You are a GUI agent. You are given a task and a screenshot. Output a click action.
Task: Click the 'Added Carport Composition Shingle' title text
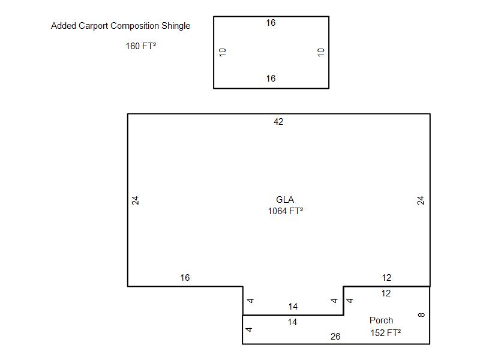point(121,26)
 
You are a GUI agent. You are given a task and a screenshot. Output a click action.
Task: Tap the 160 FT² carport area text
point(141,46)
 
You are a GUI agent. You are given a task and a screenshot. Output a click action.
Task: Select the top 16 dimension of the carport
point(271,23)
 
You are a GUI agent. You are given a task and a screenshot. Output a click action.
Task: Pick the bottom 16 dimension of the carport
point(271,79)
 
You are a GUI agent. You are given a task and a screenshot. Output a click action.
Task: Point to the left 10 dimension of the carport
point(223,52)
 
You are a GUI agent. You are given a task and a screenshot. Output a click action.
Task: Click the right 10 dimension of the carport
point(321,52)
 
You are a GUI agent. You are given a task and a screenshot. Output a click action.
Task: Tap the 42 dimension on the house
point(278,122)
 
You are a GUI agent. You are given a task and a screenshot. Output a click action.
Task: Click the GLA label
point(285,200)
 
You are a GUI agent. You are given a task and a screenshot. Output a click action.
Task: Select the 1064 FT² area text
point(285,211)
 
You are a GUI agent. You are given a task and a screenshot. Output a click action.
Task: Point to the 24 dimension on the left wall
point(136,200)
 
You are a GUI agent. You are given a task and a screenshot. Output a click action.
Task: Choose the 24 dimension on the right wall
point(421,200)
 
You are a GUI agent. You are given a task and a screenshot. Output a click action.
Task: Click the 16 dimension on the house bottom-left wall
point(185,278)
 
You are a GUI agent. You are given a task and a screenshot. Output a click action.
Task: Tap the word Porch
point(381,320)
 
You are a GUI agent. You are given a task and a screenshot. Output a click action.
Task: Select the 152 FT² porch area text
point(385,333)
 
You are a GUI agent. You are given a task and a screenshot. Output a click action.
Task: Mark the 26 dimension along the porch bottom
point(335,337)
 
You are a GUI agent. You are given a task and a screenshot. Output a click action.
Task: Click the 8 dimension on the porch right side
point(421,314)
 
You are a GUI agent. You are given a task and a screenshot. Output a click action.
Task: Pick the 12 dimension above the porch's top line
point(386,278)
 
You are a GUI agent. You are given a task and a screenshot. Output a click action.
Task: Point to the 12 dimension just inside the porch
point(386,293)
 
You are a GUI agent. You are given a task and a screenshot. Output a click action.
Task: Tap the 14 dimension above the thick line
point(293,307)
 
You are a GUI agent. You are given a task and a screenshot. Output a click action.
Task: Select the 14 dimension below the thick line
point(292,322)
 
